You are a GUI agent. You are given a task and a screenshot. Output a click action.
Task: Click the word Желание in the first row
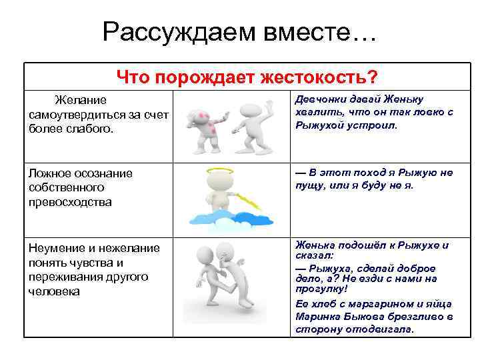[81, 100]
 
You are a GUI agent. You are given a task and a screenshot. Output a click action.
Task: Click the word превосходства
[70, 201]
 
